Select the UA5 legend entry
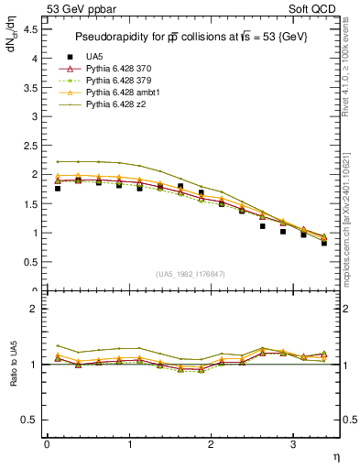pos(95,57)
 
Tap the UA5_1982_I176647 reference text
pos(193,274)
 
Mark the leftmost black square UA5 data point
pos(58,188)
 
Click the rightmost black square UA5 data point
pos(324,243)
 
